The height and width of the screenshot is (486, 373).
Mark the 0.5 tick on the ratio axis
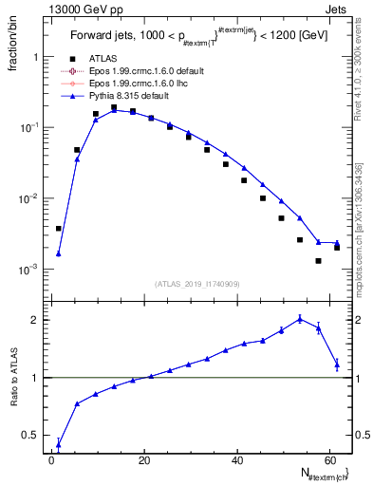pyautogui.click(x=35, y=436)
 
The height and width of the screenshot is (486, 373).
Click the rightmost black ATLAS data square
pyautogui.click(x=337, y=247)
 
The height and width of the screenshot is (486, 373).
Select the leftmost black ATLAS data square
pyautogui.click(x=59, y=229)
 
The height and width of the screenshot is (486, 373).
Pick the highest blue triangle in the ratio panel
pyautogui.click(x=300, y=319)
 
